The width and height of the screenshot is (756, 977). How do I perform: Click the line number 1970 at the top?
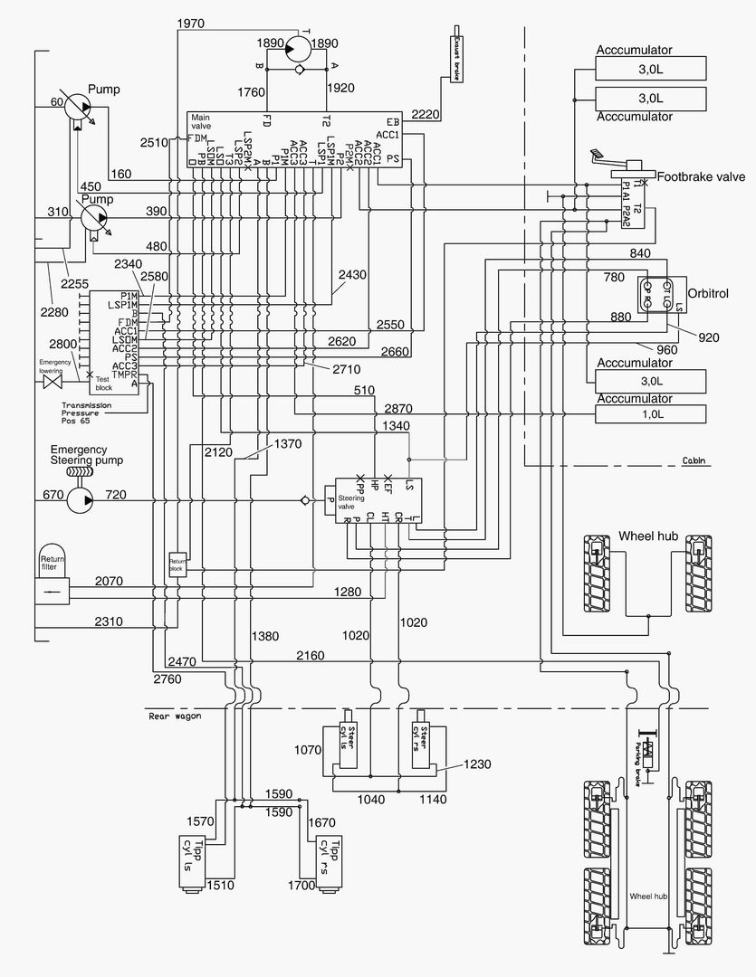tap(192, 22)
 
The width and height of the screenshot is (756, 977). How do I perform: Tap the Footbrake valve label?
tap(695, 177)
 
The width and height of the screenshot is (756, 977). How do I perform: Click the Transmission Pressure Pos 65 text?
tap(87, 413)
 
